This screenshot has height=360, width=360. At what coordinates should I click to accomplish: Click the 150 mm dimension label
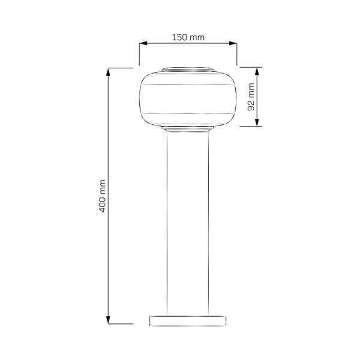(188, 37)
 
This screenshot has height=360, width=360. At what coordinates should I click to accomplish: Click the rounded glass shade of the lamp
(187, 100)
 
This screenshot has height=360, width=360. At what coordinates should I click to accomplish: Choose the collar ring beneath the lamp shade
(187, 129)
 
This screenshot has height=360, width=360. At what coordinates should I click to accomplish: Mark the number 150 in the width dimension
(181, 37)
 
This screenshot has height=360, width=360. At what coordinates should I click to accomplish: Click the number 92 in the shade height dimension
(251, 103)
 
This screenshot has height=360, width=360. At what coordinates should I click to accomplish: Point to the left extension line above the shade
(139, 54)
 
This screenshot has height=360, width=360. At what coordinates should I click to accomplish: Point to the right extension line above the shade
(237, 54)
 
